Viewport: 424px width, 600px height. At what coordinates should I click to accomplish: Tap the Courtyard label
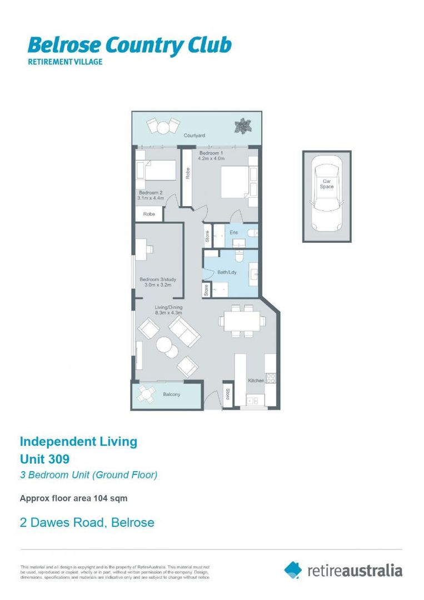(x=194, y=135)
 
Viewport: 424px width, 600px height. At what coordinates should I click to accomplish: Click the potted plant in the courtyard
(x=242, y=126)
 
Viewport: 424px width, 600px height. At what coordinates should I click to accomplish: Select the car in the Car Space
(x=326, y=193)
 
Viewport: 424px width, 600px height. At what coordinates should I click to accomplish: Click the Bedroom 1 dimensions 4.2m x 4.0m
(x=211, y=159)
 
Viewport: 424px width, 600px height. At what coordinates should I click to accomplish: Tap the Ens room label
(x=235, y=232)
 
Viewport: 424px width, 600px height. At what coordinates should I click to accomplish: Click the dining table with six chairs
(x=241, y=320)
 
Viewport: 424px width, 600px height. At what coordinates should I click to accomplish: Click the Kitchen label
(x=256, y=381)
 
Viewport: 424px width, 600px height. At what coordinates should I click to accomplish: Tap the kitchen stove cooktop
(x=271, y=378)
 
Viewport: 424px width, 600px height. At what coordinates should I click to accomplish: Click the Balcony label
(x=172, y=394)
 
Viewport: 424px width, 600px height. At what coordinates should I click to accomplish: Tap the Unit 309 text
(x=45, y=459)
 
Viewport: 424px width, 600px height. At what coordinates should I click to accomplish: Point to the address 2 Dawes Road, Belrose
(x=87, y=523)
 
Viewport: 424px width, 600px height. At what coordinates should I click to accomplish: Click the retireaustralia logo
(x=343, y=570)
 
